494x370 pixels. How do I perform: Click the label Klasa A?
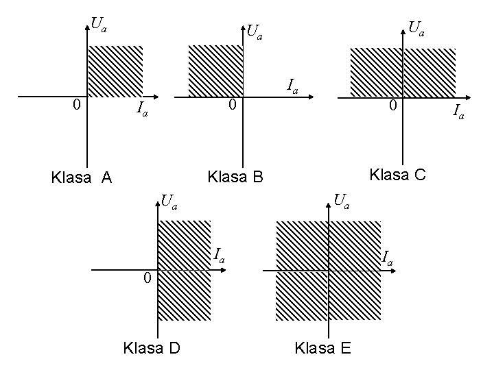click(82, 178)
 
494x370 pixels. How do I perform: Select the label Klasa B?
click(235, 177)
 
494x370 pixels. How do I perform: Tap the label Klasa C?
click(398, 175)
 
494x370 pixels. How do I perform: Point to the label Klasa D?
click(151, 348)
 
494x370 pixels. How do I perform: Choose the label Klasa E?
click(322, 348)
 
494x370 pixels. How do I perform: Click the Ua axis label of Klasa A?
click(99, 26)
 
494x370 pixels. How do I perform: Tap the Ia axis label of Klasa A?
click(142, 109)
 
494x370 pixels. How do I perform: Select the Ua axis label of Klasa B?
click(255, 32)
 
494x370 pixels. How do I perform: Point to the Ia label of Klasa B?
click(292, 86)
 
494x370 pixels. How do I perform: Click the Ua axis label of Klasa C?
click(416, 28)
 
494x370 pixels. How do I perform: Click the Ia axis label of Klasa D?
click(220, 256)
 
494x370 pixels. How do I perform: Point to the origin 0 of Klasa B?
click(233, 106)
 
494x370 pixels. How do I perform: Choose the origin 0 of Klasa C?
click(392, 106)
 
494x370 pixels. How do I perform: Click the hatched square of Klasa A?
click(115, 71)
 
